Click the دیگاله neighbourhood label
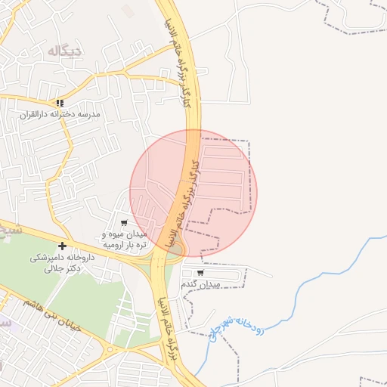click(x=63, y=51)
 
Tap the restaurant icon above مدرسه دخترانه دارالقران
click(x=60, y=103)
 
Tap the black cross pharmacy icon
click(x=62, y=245)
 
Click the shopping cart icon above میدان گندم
click(x=200, y=273)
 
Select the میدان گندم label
click(x=200, y=284)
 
